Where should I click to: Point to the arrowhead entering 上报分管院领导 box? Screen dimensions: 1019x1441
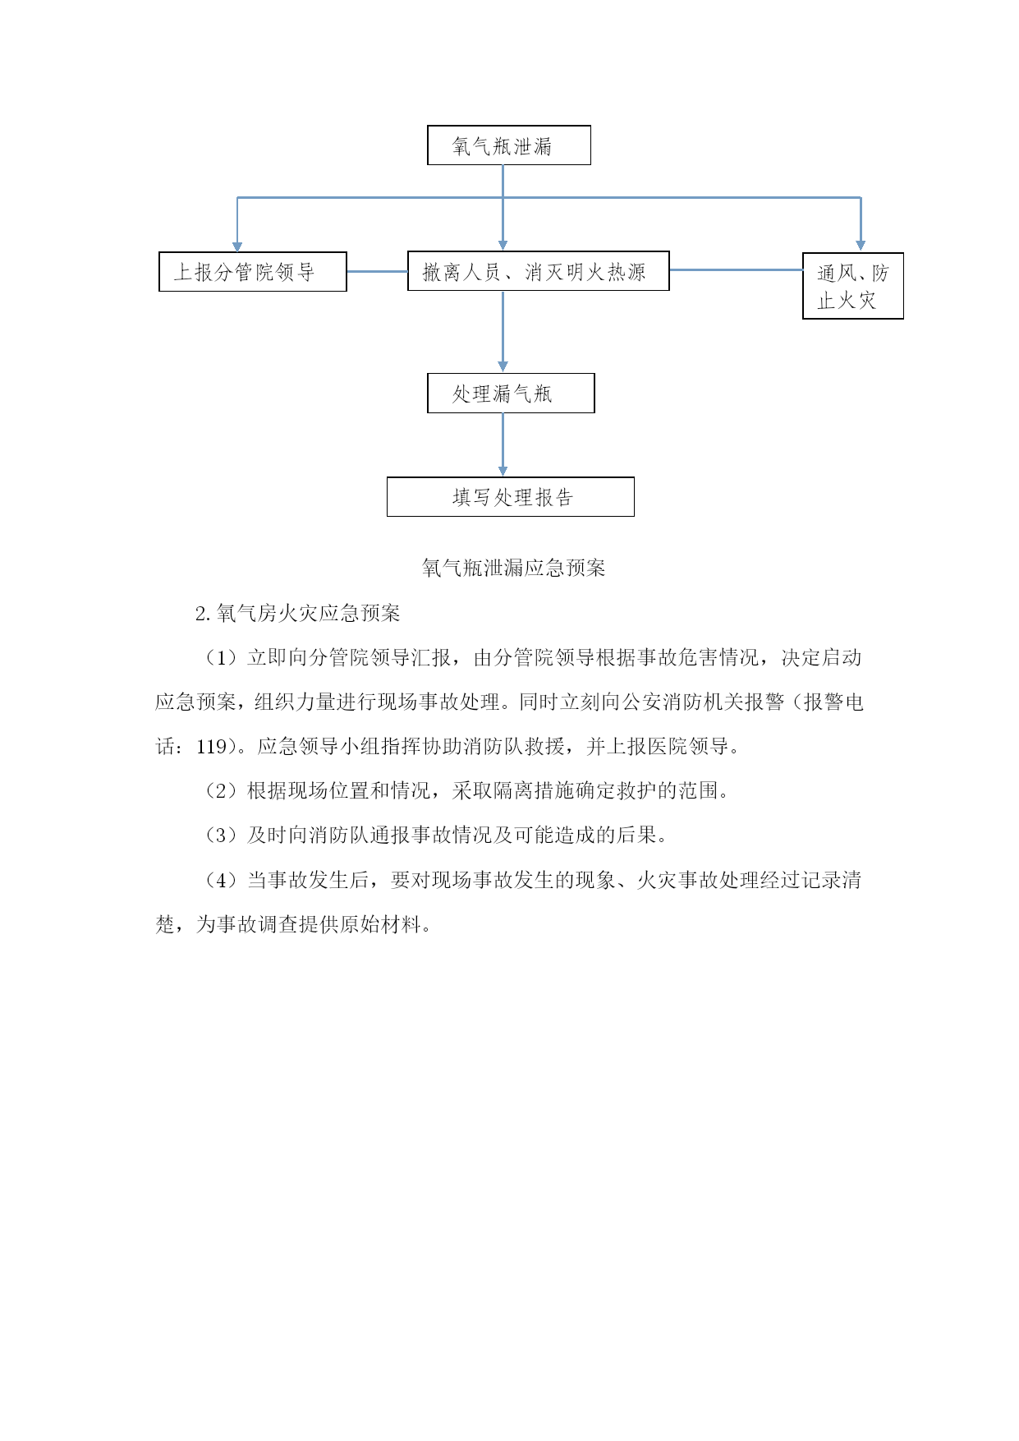pos(237,246)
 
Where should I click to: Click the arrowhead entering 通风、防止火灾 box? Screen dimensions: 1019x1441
pos(861,245)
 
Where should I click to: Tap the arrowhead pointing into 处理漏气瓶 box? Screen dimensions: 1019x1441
pos(503,366)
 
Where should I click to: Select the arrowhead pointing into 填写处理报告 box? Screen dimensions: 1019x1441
pos(503,471)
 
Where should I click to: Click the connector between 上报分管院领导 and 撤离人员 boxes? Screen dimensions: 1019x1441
pos(378,271)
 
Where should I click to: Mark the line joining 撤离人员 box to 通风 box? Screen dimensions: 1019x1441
pos(737,269)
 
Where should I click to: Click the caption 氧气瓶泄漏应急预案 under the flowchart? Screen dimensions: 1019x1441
pos(514,568)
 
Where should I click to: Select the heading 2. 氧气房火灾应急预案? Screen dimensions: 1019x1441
pos(298,613)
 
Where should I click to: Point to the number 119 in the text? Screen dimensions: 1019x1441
pos(211,747)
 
